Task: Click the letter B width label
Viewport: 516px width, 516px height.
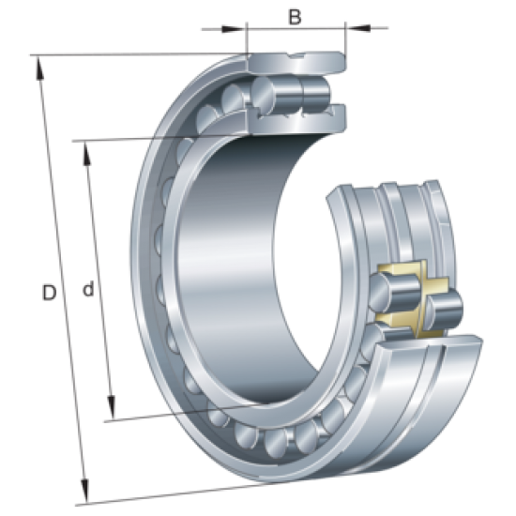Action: (295, 16)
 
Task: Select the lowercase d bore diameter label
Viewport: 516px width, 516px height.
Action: (87, 292)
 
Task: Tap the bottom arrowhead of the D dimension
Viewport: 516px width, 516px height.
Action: (85, 494)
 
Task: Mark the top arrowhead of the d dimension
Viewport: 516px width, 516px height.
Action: (86, 150)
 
